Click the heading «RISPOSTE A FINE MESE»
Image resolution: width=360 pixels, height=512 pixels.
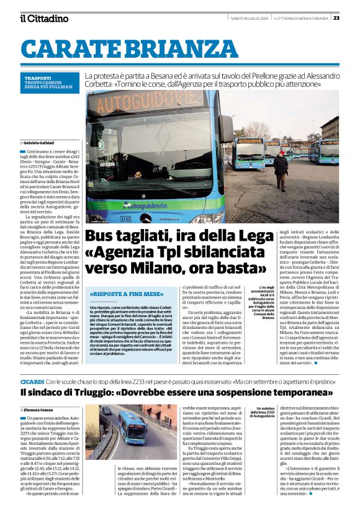[x=126, y=294]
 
